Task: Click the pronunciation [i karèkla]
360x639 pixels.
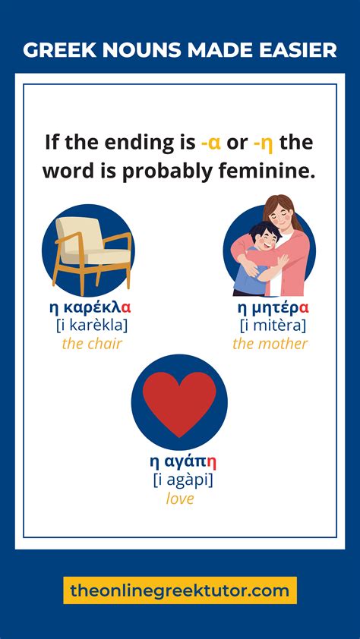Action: click(91, 326)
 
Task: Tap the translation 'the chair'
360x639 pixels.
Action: click(91, 344)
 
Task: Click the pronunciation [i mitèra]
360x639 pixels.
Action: click(273, 326)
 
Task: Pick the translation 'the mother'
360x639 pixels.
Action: click(270, 344)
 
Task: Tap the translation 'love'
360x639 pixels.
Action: click(180, 499)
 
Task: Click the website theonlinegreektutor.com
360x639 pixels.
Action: click(180, 590)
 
